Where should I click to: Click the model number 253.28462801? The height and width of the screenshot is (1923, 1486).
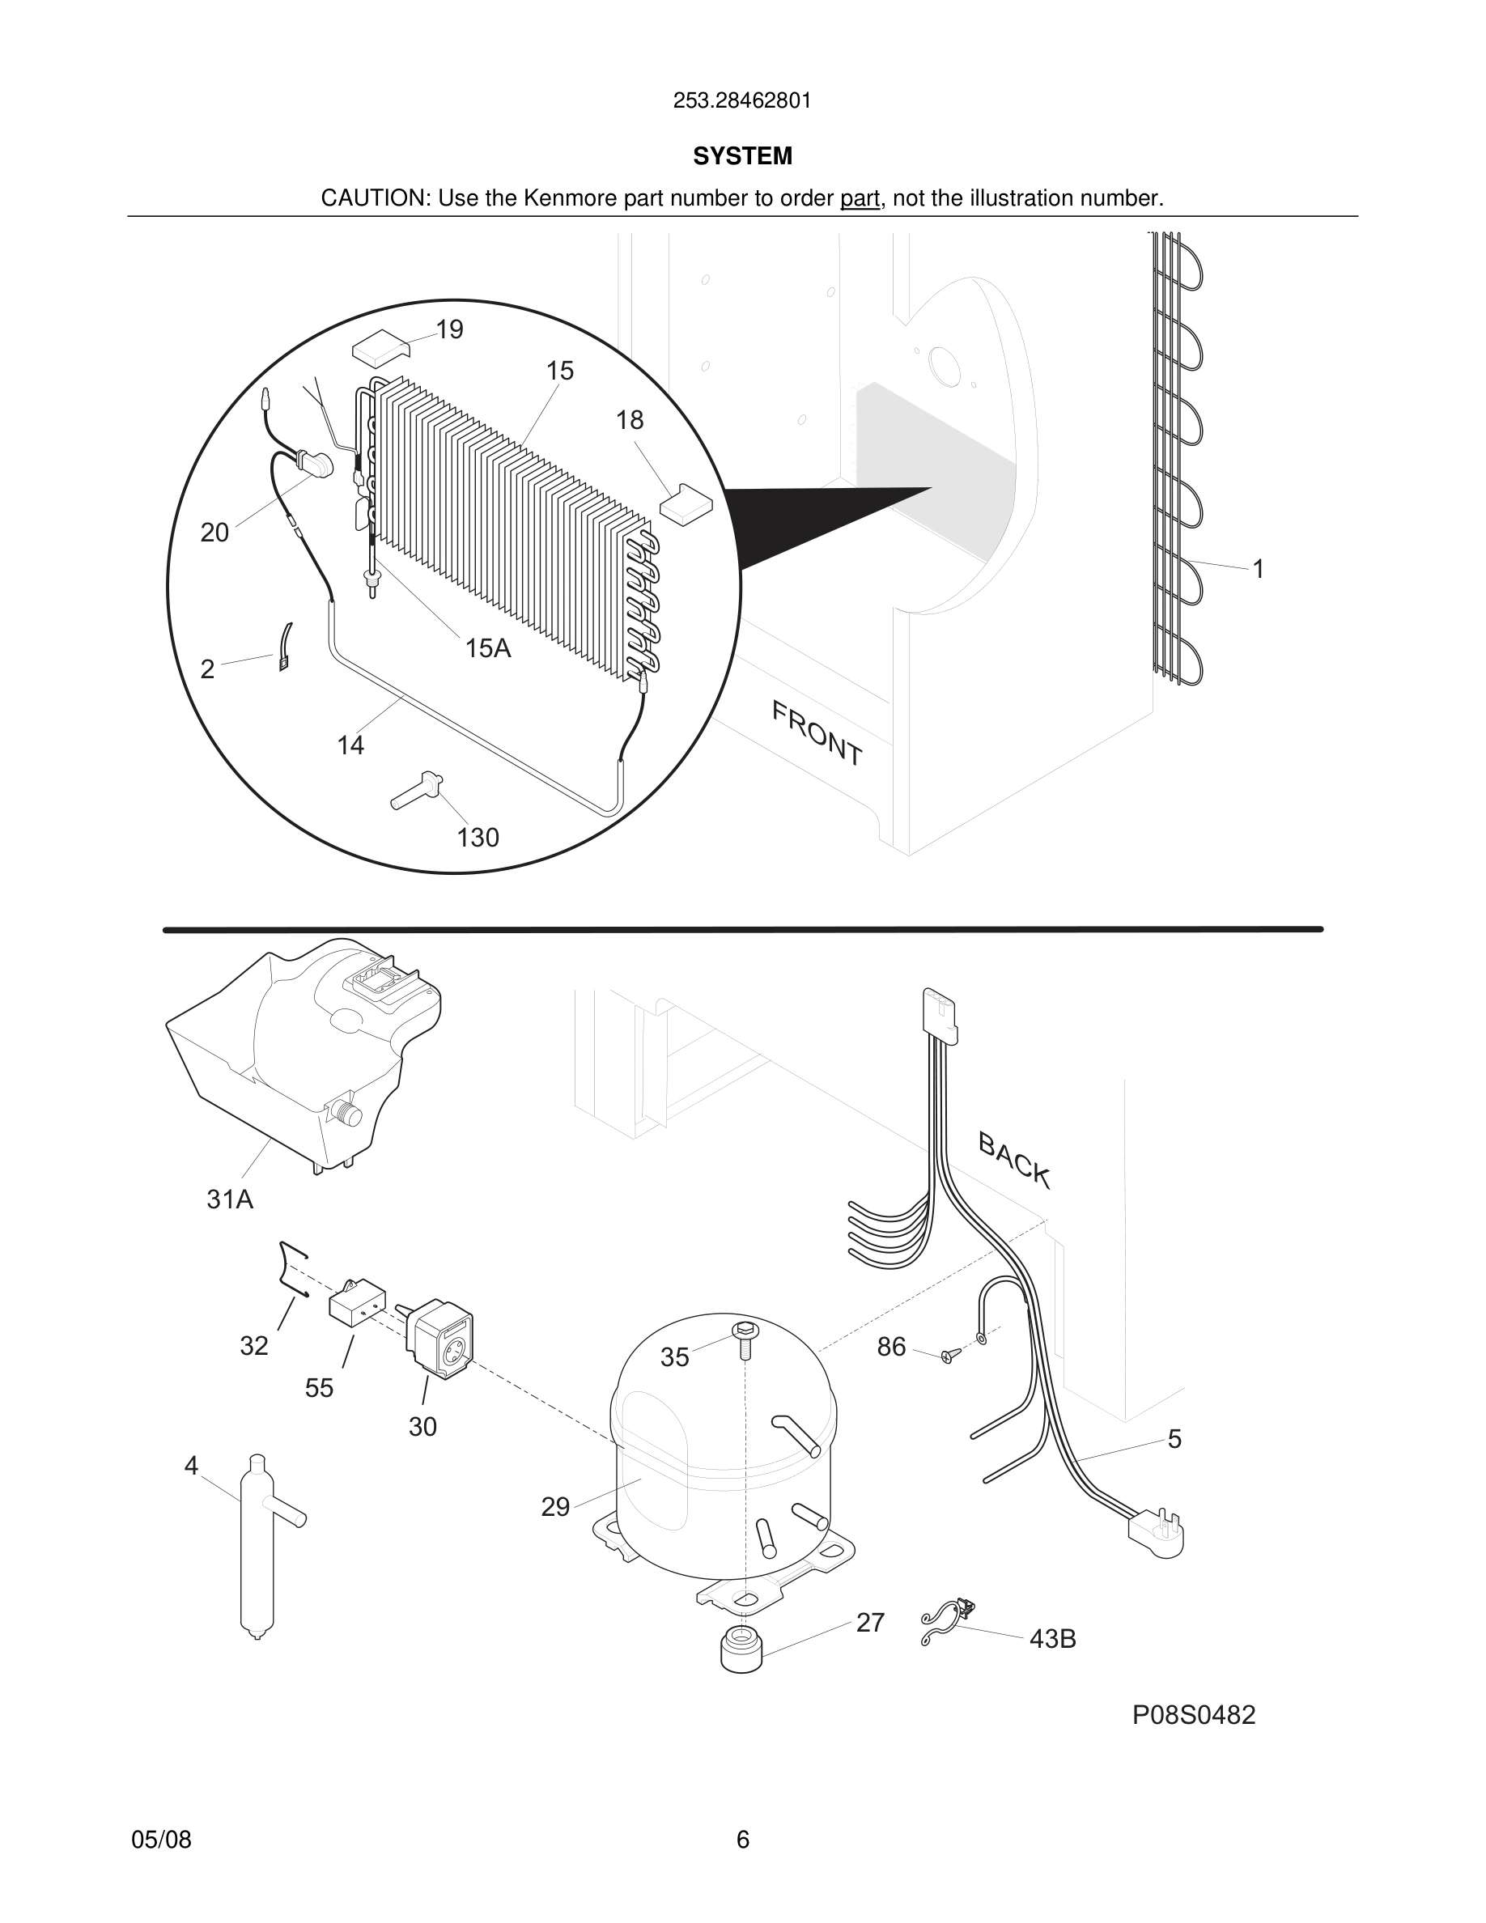[741, 101]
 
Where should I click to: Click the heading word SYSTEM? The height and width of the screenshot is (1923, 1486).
[742, 156]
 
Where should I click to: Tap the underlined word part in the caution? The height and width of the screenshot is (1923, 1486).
[860, 199]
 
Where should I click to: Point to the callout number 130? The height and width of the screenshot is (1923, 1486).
[478, 838]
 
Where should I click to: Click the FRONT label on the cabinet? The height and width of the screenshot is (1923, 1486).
[816, 732]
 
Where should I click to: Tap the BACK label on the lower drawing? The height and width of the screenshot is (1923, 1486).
[1014, 1161]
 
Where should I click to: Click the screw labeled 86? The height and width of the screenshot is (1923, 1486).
[948, 1356]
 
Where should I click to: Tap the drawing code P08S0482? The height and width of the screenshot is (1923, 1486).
[1193, 1715]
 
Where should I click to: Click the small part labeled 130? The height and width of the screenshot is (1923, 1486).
[416, 791]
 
